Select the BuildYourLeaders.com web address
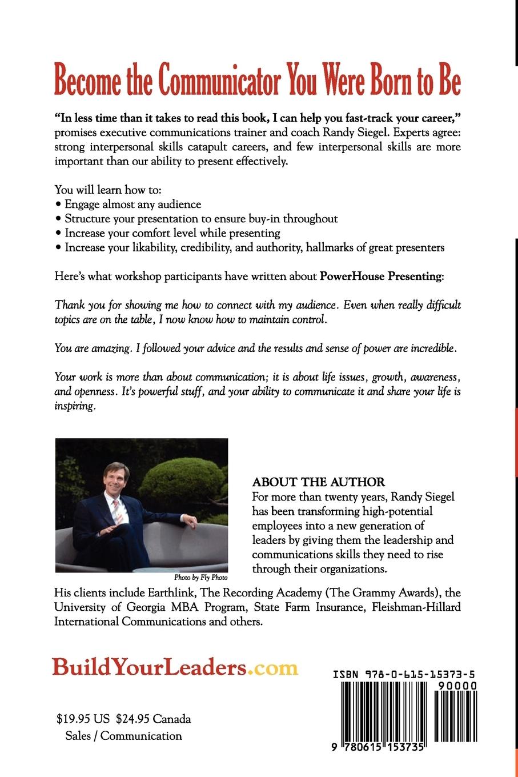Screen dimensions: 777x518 coord(175,667)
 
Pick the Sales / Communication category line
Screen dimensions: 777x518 coord(123,736)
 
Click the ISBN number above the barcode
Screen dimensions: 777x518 coord(404,675)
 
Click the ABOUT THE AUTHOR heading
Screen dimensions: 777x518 coord(319,482)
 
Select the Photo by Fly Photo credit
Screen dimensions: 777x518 coord(200,578)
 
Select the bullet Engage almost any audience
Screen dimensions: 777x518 coord(132,204)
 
